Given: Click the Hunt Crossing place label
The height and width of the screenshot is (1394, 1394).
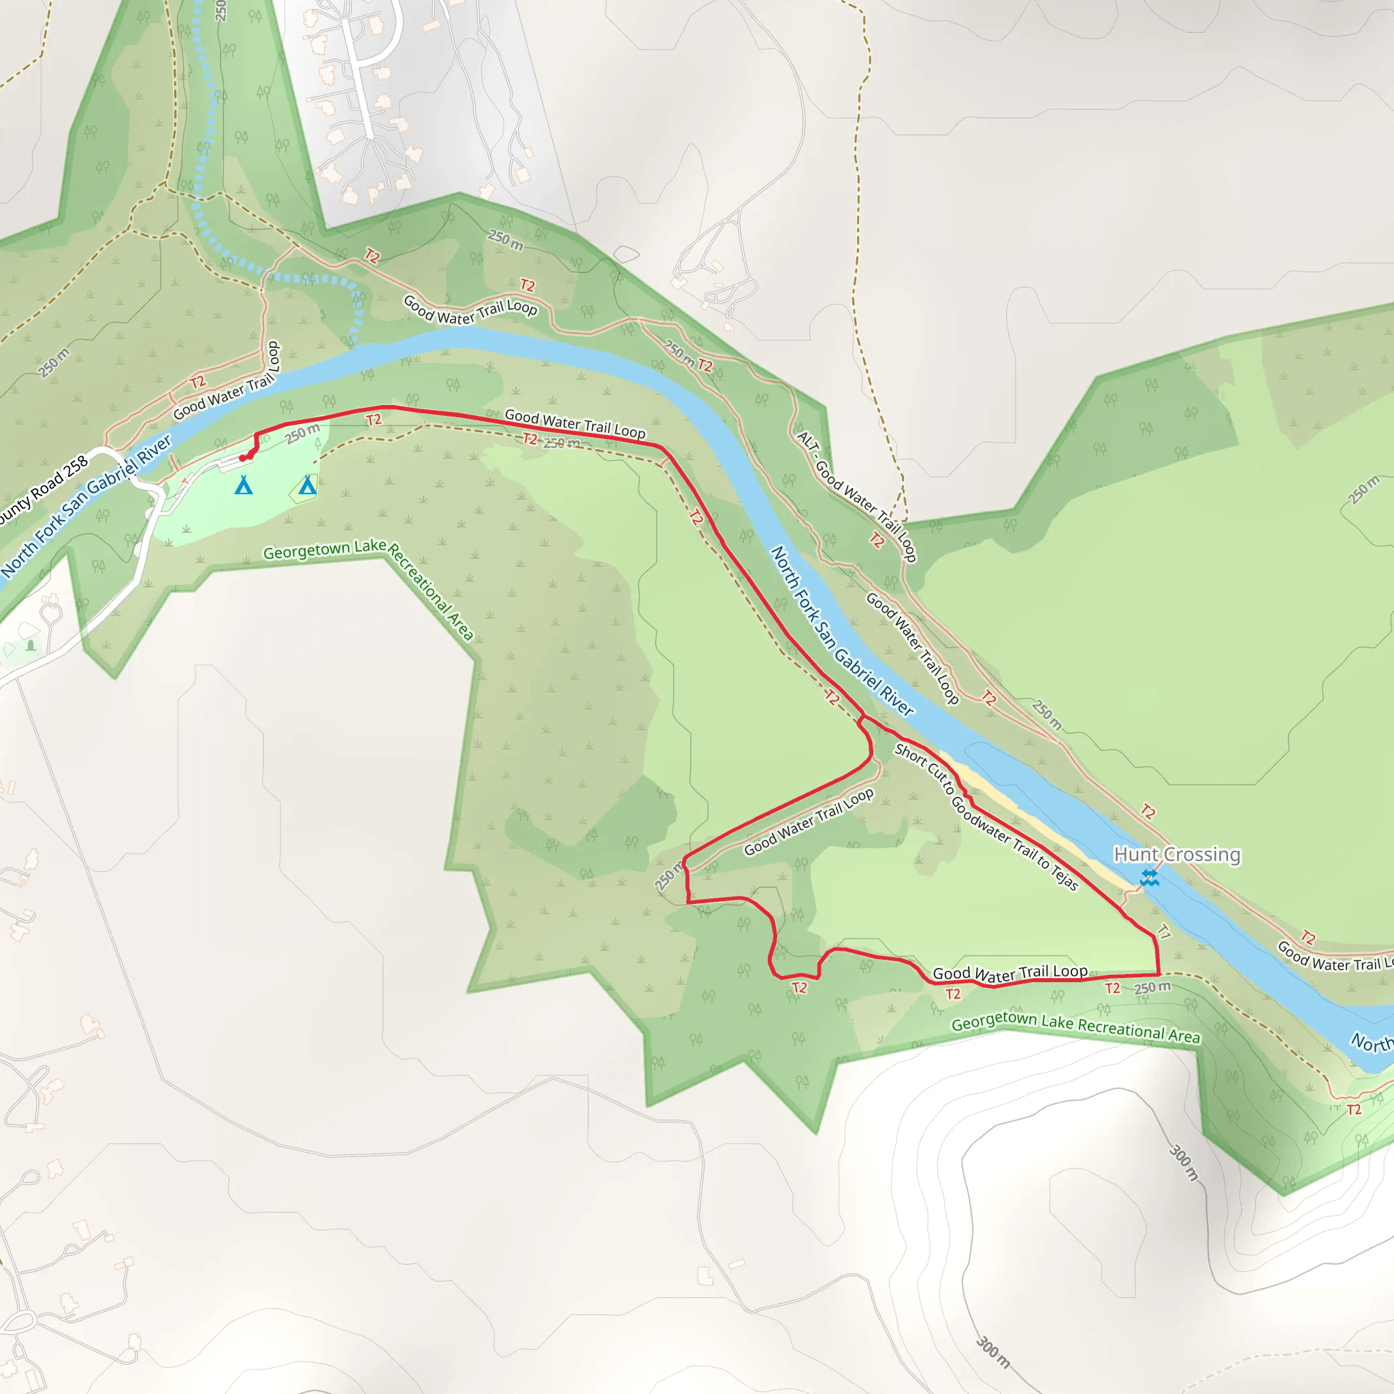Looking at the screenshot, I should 1177,854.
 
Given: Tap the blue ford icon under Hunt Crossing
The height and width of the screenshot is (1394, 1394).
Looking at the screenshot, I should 1150,877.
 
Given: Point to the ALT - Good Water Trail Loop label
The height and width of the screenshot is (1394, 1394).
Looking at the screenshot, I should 856,496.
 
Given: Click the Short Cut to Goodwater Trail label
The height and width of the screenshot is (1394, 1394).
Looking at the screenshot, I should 986,817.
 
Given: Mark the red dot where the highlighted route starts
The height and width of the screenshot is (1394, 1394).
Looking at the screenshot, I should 242,457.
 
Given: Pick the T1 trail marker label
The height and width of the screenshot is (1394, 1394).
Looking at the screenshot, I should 1164,932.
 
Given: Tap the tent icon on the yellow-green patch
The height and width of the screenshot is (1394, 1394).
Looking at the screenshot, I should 308,485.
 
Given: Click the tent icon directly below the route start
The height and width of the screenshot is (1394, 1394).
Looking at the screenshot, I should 244,485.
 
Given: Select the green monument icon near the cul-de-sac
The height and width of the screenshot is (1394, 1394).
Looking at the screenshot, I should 31,645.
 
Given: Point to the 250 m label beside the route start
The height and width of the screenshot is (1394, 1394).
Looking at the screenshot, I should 302,434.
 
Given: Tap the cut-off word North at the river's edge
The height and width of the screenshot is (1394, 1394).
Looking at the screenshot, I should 1371,1043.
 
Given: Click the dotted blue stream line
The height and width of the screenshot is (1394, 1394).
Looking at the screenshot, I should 209,144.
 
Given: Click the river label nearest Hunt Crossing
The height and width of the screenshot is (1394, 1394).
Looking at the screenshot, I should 842,630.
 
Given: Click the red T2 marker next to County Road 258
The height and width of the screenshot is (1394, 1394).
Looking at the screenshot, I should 197,382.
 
